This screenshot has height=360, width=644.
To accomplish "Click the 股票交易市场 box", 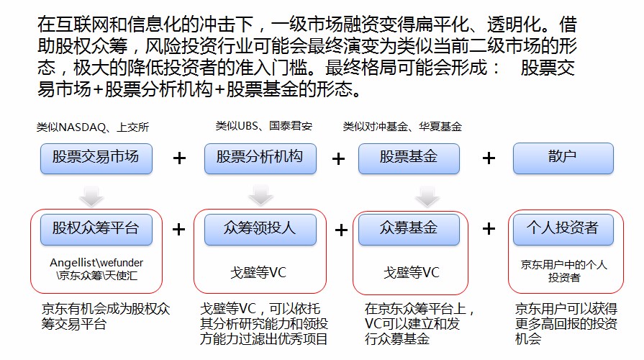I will coord(96,158).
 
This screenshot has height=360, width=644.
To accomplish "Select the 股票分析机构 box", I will coord(260,158).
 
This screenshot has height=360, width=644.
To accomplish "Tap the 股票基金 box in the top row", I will coord(409,158).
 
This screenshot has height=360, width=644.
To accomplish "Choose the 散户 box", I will coord(563,158).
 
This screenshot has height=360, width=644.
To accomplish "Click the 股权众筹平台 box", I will coord(96,229).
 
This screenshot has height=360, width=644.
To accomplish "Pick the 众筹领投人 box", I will coord(260,229).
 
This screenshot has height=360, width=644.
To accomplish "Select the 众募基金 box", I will coord(409,229).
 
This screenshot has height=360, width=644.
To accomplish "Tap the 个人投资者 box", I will coord(563,229).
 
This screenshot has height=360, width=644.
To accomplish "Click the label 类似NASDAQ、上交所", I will coord(94,127).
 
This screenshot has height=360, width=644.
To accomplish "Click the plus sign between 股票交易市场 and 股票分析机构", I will coord(180,158).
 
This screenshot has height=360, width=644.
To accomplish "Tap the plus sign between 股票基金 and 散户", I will coord(489,158).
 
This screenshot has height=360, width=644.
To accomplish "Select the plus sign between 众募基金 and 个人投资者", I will coord(489,229).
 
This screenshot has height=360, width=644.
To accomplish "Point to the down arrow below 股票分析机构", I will coord(260,194).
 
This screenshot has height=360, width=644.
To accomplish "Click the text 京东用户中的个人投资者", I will coord(563,270).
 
